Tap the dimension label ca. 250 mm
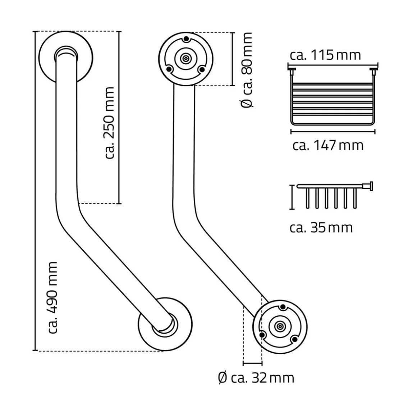[108, 122]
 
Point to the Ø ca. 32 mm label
[256, 378]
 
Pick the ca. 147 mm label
[328, 145]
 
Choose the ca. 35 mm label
[321, 228]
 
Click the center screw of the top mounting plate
[186, 58]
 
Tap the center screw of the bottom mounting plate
[280, 326]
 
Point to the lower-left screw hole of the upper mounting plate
[169, 69]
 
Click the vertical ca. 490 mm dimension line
[35, 191]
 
